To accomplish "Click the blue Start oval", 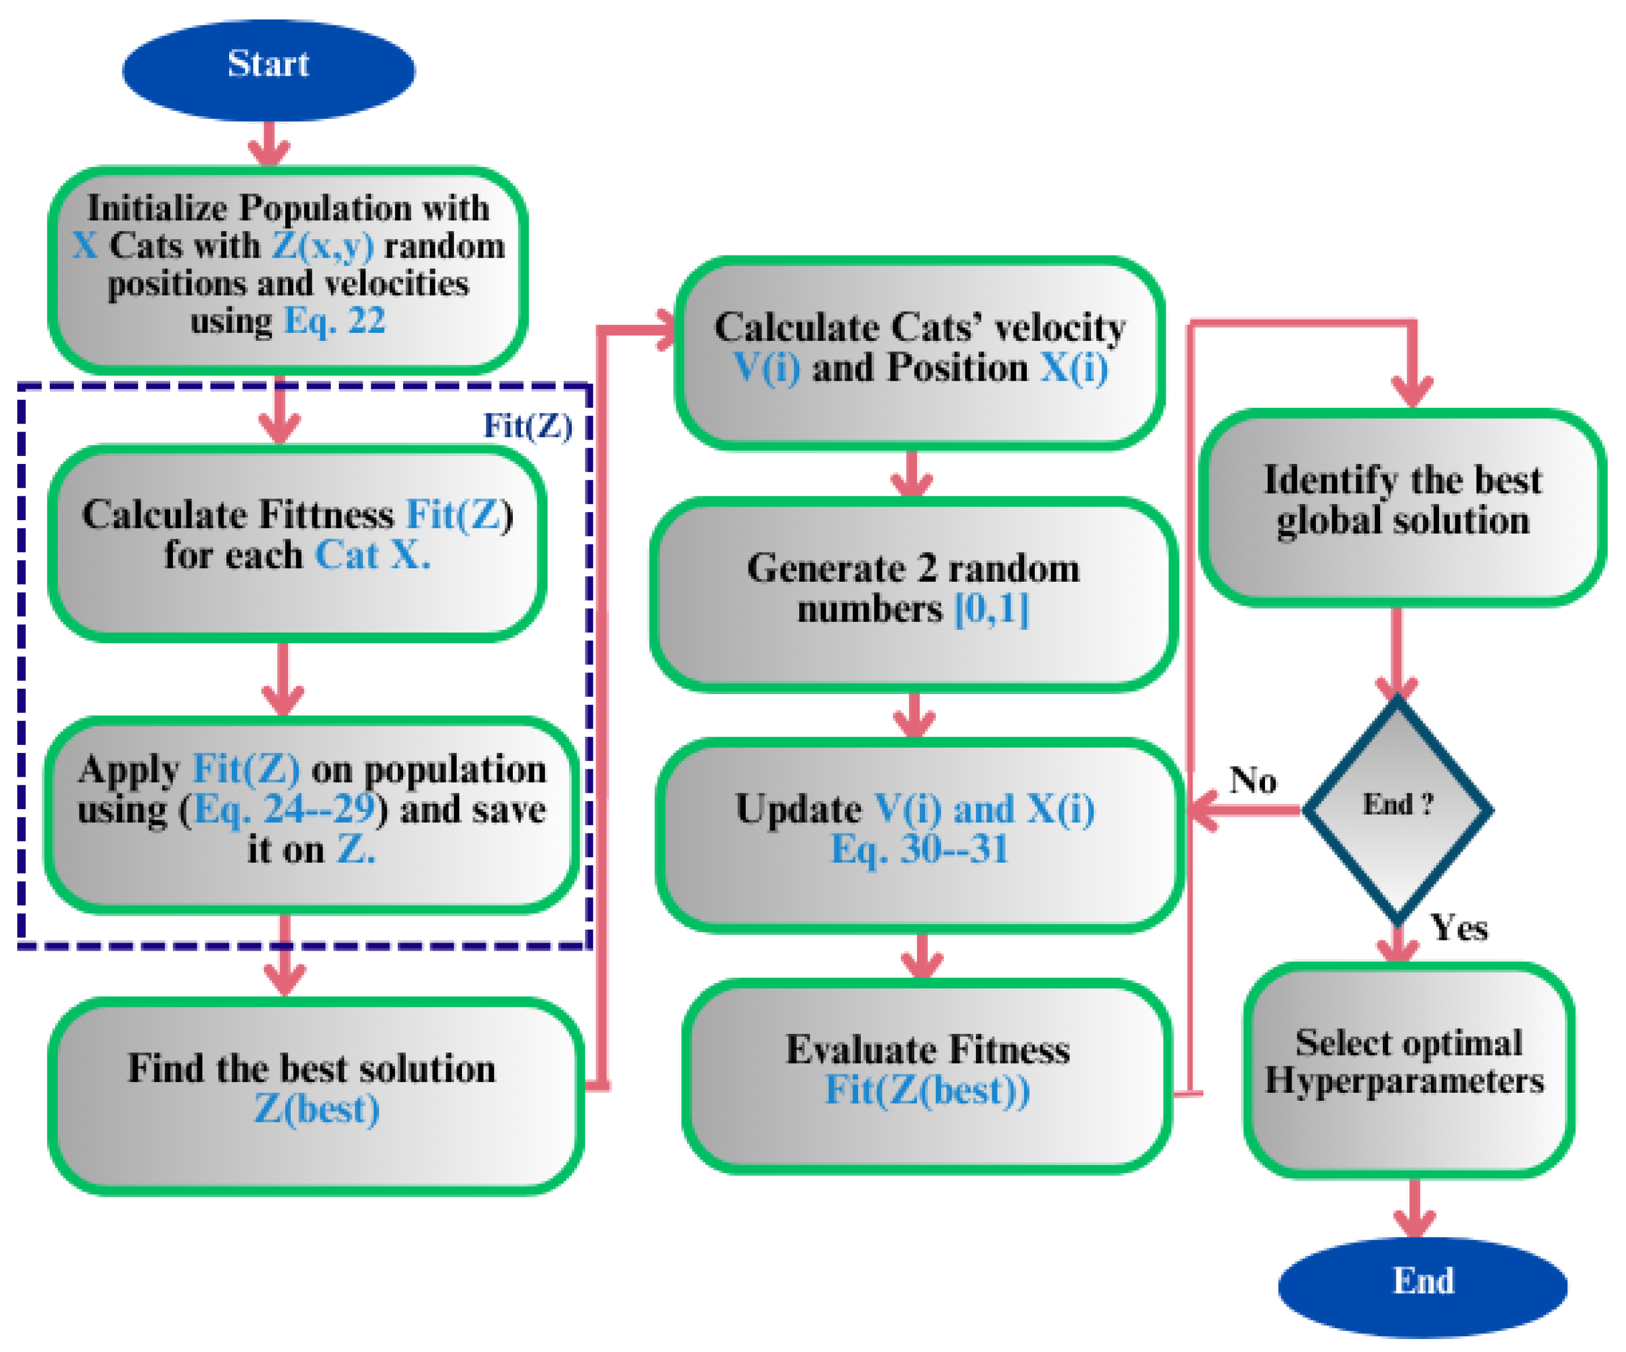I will point(268,70).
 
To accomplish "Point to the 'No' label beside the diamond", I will point(1253,780).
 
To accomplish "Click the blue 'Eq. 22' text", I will point(334,320).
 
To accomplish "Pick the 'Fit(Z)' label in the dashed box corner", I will point(527,426).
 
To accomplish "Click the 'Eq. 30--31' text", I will point(919,850).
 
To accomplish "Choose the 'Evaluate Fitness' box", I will point(927,1076).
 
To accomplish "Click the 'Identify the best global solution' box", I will point(1401,507).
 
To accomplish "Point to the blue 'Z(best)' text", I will point(317,1109).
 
